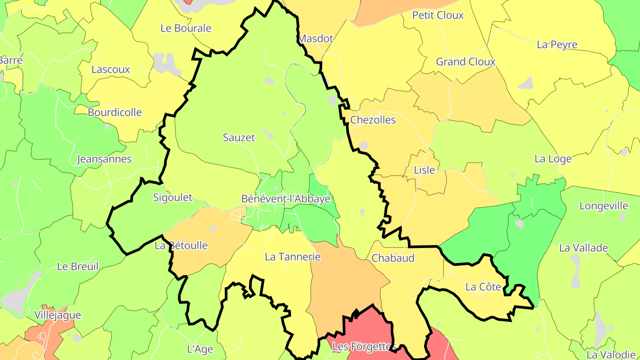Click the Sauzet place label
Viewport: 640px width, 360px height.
pyautogui.click(x=239, y=138)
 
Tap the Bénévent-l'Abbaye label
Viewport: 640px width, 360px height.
pyautogui.click(x=286, y=199)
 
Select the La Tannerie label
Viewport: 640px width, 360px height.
pyautogui.click(x=292, y=257)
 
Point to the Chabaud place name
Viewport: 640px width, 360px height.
pyautogui.click(x=387, y=258)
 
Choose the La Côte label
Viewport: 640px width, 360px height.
pyautogui.click(x=483, y=287)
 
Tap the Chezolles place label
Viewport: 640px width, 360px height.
pyautogui.click(x=373, y=120)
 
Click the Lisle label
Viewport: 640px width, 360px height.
pyautogui.click(x=424, y=170)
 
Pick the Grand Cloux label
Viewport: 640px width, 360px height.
pyautogui.click(x=465, y=62)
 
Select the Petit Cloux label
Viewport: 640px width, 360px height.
pyautogui.click(x=438, y=15)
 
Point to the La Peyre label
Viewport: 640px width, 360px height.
pyautogui.click(x=557, y=44)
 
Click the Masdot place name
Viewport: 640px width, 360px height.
pyautogui.click(x=316, y=39)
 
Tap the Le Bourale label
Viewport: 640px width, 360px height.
pyautogui.click(x=186, y=28)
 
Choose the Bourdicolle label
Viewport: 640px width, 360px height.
pyautogui.click(x=115, y=112)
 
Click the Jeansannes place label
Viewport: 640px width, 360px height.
pyautogui.click(x=104, y=159)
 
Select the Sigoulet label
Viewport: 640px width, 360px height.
pyautogui.click(x=172, y=198)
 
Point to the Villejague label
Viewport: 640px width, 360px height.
pyautogui.click(x=58, y=316)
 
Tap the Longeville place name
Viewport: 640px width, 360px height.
pyautogui.click(x=604, y=206)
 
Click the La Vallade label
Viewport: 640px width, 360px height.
pyautogui.click(x=583, y=248)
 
